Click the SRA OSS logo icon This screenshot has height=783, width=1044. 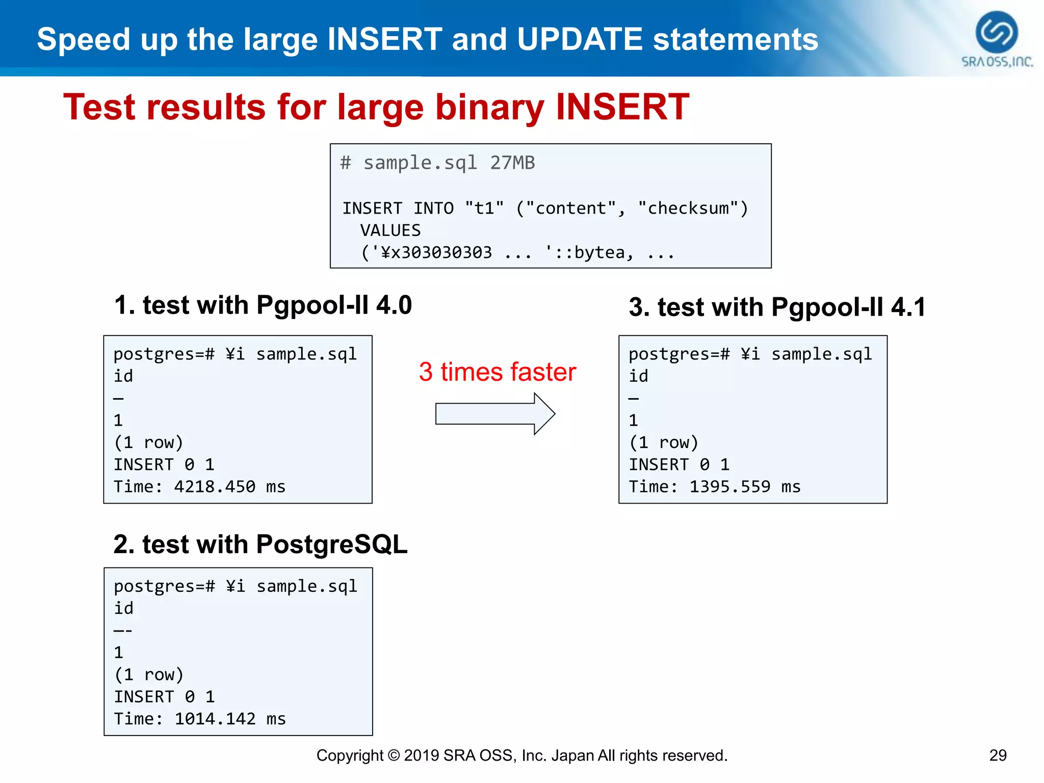click(x=996, y=32)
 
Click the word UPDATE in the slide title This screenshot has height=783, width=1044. click(x=580, y=39)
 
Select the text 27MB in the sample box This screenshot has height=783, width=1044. click(x=512, y=163)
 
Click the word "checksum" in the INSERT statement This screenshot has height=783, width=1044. click(x=688, y=208)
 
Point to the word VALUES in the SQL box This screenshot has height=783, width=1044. click(x=390, y=230)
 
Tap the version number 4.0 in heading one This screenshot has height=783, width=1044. click(x=394, y=305)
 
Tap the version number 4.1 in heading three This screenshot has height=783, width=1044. click(x=908, y=307)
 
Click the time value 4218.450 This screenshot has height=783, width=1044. click(x=215, y=487)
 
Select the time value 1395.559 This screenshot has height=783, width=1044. click(x=729, y=487)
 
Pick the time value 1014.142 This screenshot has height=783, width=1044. click(x=215, y=719)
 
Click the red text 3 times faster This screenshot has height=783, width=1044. click(x=497, y=372)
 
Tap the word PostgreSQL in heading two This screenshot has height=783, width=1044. click(x=331, y=544)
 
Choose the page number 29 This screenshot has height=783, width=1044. click(x=998, y=755)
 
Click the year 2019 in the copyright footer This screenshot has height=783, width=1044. click(x=421, y=755)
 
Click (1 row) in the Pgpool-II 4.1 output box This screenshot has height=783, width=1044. click(x=663, y=442)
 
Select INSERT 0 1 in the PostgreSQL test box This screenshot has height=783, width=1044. click(x=164, y=697)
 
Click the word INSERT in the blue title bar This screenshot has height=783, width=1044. click(x=384, y=39)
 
